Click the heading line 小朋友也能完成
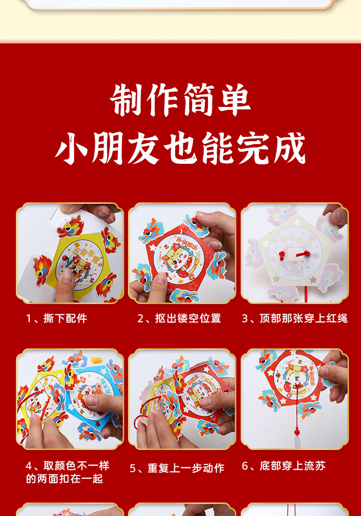[180, 148]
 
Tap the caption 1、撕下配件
[56, 318]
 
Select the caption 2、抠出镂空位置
[179, 318]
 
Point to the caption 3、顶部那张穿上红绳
[295, 318]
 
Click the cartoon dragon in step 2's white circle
[176, 258]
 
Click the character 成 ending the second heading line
[291, 148]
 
